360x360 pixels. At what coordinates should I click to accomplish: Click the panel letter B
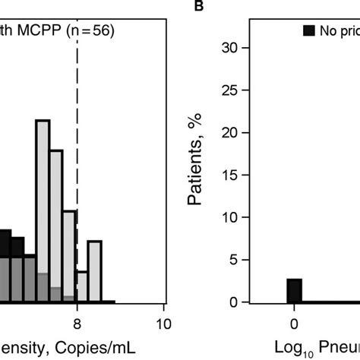(x=200, y=7)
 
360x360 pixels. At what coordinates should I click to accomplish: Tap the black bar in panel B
(x=293, y=291)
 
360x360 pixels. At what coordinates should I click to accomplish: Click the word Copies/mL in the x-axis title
(x=79, y=346)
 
